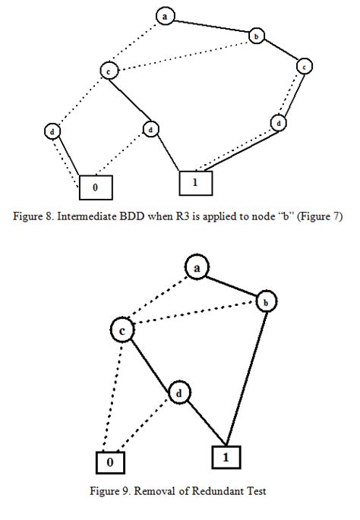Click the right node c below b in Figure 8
[x=304, y=66]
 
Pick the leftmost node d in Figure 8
[x=52, y=131]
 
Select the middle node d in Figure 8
[x=151, y=130]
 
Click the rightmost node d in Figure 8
[x=279, y=123]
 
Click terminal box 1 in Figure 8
[x=195, y=182]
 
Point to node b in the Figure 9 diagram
[x=267, y=302]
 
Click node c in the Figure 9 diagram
[x=122, y=331]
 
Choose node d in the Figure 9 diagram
[x=178, y=393]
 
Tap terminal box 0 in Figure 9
[x=110, y=462]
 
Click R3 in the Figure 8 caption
[x=168, y=216]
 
